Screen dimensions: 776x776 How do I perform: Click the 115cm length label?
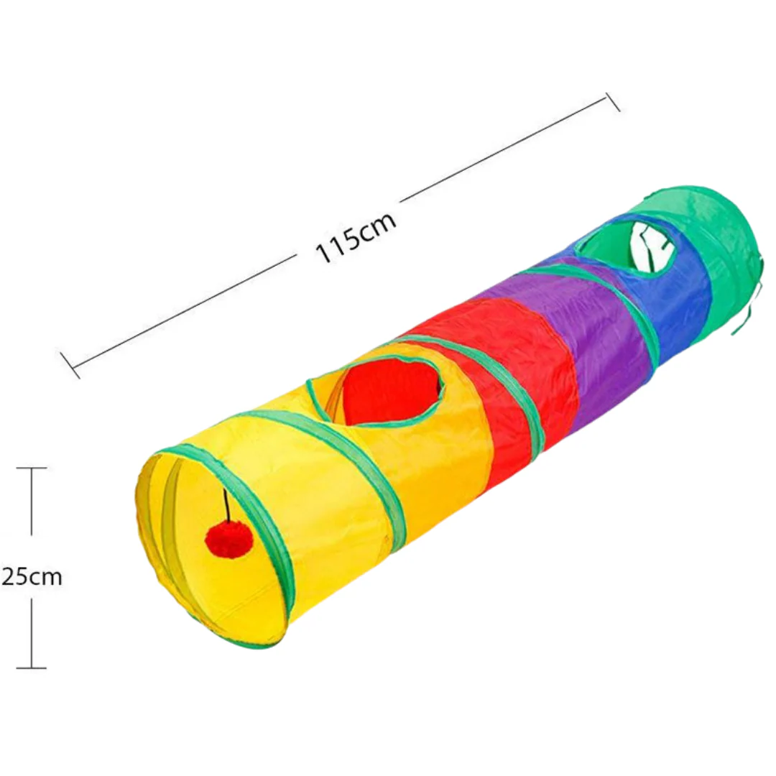pos(356,238)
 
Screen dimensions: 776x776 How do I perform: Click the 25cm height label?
pos(32,577)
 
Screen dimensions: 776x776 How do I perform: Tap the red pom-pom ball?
pos(229,535)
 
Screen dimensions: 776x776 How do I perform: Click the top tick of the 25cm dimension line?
pos(32,468)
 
